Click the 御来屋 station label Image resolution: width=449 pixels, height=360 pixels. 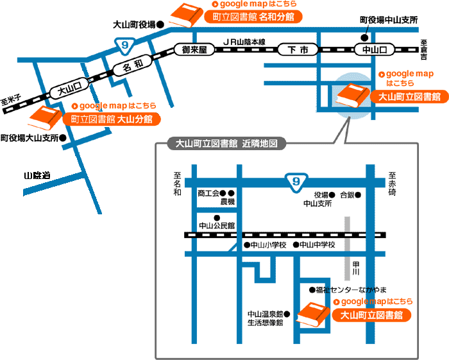pyautogui.click(x=194, y=50)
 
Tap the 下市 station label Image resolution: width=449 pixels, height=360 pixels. pyautogui.click(x=298, y=50)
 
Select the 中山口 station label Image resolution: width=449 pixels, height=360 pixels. pyautogui.click(x=375, y=50)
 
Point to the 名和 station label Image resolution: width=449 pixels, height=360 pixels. pyautogui.click(x=132, y=65)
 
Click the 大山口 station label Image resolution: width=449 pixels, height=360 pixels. pyautogui.click(x=69, y=88)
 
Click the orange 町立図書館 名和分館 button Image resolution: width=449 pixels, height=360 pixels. pyautogui.click(x=253, y=17)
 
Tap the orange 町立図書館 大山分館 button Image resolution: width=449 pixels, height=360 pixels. pyautogui.click(x=112, y=119)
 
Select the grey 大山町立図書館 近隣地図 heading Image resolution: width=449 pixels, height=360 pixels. pyautogui.click(x=226, y=143)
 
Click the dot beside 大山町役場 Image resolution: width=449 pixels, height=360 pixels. pyautogui.click(x=160, y=24)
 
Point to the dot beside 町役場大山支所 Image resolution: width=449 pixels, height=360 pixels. pyautogui.click(x=63, y=138)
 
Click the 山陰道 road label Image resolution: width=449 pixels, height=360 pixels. pyautogui.click(x=37, y=175)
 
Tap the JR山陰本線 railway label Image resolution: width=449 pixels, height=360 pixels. pyautogui.click(x=244, y=42)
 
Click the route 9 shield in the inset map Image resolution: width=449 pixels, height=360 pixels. pyautogui.click(x=296, y=182)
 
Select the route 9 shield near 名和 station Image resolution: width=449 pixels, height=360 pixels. pyautogui.click(x=125, y=46)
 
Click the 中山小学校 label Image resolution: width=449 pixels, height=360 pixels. pyautogui.click(x=268, y=245)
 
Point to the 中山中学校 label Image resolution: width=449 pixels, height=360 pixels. pyautogui.click(x=318, y=245)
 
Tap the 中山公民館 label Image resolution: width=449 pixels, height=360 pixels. pyautogui.click(x=217, y=226)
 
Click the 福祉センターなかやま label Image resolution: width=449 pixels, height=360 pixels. pyautogui.click(x=351, y=290)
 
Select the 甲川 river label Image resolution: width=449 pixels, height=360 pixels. pyautogui.click(x=355, y=268)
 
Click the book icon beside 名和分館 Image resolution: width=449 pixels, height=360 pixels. pyautogui.click(x=187, y=15)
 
